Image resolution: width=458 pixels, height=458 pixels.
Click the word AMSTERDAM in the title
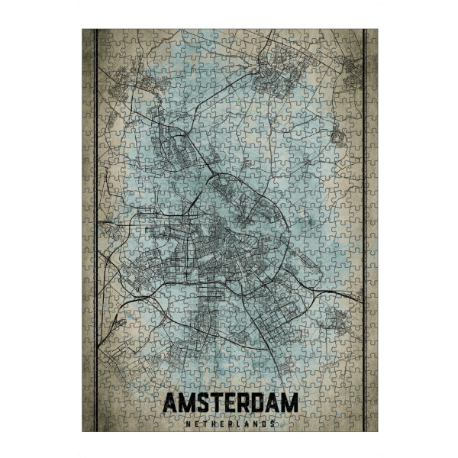pos(229,405)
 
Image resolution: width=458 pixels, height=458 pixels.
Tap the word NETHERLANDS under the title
pos(229,422)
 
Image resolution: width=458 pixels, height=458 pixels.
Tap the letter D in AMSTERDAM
pos(260,405)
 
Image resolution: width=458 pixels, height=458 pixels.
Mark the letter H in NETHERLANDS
pos(211,422)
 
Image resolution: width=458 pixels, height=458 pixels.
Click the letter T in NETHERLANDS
pos(202,422)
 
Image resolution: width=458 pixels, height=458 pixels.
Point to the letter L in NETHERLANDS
pos(238,422)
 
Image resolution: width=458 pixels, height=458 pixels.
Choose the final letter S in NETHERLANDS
pos(274,422)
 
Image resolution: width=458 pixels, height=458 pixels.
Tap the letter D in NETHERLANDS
pos(265,422)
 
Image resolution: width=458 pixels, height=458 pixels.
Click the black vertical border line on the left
pos(94,229)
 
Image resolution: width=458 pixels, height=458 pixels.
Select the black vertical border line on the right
pos(365,229)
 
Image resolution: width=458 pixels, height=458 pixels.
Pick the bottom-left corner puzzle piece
pos(88,425)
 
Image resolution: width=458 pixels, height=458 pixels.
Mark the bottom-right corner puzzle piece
pos(372,425)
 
